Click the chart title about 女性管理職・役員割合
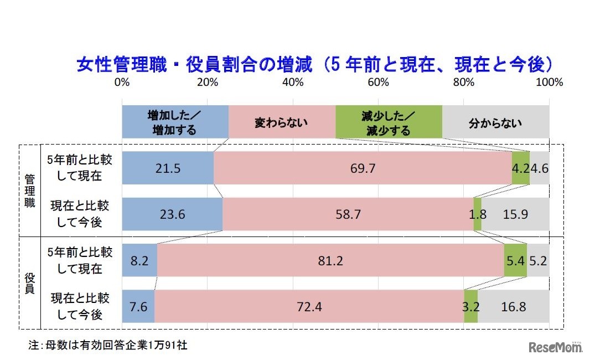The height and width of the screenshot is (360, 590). (314, 65)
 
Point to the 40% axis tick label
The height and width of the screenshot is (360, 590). (292, 83)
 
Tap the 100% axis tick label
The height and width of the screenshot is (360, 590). (548, 83)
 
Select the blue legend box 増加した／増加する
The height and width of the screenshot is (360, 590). (175, 122)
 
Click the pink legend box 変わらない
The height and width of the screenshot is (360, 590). (281, 122)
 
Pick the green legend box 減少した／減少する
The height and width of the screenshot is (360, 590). (388, 122)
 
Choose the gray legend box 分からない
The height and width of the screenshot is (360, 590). (495, 122)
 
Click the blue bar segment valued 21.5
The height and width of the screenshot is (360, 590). (167, 168)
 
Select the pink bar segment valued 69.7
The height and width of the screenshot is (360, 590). (363, 168)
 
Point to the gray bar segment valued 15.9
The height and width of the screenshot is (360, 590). (515, 214)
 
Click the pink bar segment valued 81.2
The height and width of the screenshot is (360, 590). (330, 260)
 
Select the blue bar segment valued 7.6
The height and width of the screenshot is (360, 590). (138, 306)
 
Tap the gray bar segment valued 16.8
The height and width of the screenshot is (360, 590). (514, 306)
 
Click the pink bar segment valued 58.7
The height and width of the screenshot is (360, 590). (348, 214)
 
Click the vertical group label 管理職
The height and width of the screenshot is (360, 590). (30, 191)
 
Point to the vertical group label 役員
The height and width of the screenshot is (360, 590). (30, 282)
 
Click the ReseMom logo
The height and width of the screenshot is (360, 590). (555, 347)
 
